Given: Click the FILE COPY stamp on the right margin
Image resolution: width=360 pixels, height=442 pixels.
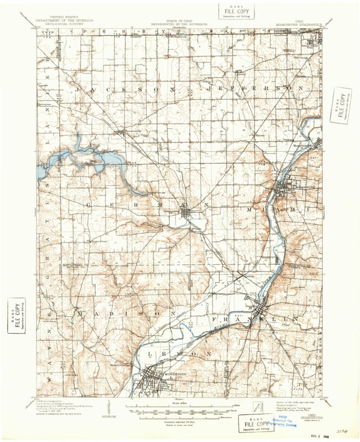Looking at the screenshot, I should point(341,105).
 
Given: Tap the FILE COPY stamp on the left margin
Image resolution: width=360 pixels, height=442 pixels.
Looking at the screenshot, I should point(17,316).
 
